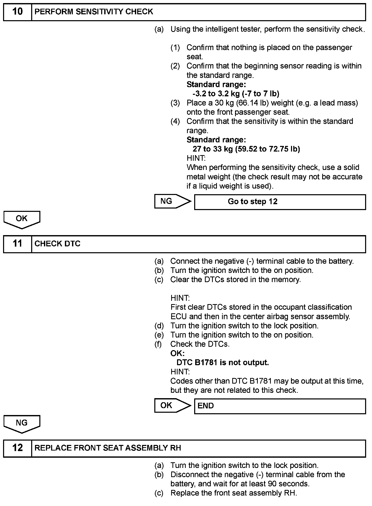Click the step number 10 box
[x=17, y=12]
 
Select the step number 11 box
[x=17, y=244]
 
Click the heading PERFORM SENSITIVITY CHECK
[x=94, y=12]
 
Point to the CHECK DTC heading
[x=57, y=244]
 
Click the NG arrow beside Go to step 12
[x=172, y=201]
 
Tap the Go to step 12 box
[x=280, y=202]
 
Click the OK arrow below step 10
[x=22, y=219]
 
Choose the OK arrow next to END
[x=172, y=406]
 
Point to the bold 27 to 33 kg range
[x=213, y=149]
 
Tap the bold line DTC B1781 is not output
[x=223, y=363]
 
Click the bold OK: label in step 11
[x=177, y=353]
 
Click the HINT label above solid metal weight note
[x=196, y=158]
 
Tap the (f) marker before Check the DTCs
[x=158, y=344]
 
